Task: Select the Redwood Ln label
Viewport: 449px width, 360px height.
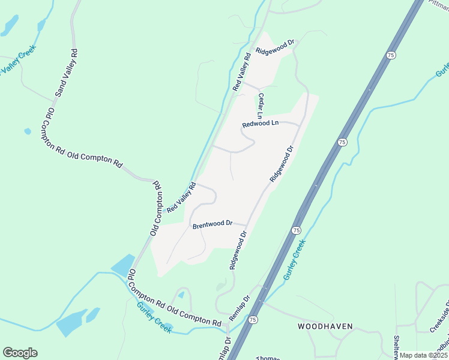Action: click(261, 124)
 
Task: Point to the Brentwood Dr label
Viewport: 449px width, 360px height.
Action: click(212, 224)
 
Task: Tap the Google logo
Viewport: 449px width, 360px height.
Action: click(20, 353)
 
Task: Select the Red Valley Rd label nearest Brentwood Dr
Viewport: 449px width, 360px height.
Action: click(181, 197)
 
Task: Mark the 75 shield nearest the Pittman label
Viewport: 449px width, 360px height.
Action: click(391, 55)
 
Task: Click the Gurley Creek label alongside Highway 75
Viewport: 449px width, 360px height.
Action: click(295, 260)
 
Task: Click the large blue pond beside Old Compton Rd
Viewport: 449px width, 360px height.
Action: click(122, 265)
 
